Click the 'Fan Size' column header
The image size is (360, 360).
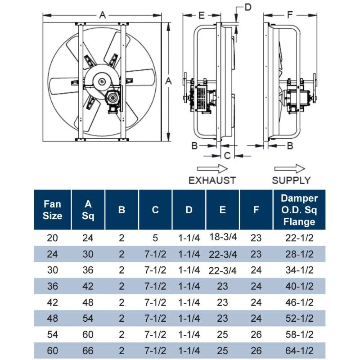point(52,210)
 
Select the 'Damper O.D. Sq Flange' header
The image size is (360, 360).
point(299,210)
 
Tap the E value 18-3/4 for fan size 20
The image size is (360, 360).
point(223,237)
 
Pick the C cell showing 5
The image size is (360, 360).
point(155,238)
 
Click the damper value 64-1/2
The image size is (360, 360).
point(299,351)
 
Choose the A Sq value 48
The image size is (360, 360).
point(88,302)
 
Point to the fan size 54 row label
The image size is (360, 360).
point(52,334)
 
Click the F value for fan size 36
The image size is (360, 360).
point(256,286)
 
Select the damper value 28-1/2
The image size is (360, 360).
point(299,254)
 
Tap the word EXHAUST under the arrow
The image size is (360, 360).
point(212,180)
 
